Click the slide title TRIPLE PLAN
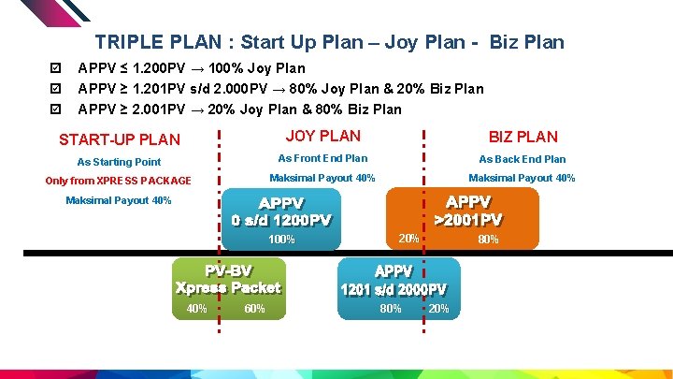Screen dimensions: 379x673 coord(329,42)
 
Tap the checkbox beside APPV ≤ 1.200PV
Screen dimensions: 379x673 coord(56,68)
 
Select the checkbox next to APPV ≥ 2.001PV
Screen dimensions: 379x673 coord(56,109)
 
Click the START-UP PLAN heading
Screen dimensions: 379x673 coord(120,140)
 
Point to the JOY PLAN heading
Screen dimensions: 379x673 coord(322,137)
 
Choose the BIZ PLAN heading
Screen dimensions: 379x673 coord(523,138)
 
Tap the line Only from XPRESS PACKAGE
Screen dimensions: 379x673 coord(119,181)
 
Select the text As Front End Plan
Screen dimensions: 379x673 coord(322,158)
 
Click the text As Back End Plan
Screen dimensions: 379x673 coord(523,159)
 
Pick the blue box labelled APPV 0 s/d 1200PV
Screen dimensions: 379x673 coord(281,212)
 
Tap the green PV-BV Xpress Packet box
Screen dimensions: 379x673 coord(228,280)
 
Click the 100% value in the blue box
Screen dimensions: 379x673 coord(281,240)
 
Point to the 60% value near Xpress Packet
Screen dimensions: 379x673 coord(254,309)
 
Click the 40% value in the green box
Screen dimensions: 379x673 coord(197,309)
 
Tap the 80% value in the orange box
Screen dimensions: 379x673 coord(488,240)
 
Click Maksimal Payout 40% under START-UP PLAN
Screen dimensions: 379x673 coord(119,201)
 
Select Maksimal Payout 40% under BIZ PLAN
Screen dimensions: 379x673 coord(522,179)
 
